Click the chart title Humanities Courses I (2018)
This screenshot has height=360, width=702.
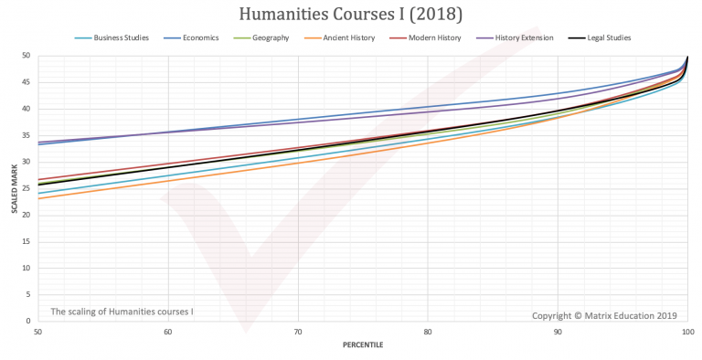(351, 16)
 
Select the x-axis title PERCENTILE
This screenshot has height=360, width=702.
(363, 345)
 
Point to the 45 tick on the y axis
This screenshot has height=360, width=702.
(27, 82)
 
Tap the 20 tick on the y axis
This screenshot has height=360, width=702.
(27, 216)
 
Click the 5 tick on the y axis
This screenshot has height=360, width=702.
(29, 295)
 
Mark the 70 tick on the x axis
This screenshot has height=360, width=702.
(298, 331)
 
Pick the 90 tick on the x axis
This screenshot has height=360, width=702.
(558, 331)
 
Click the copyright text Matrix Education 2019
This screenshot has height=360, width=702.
(604, 315)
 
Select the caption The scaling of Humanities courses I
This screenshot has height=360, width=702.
(122, 312)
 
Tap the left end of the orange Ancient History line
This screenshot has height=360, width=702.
(38, 198)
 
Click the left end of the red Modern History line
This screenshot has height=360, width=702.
(38, 179)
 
